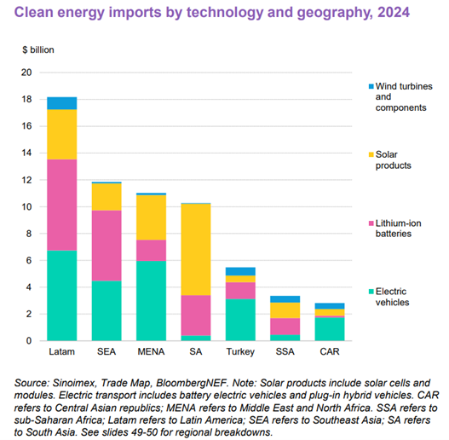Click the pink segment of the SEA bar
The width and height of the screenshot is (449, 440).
[106, 246]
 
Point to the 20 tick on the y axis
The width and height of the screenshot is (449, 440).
[26, 72]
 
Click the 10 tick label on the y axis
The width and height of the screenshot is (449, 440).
[26, 207]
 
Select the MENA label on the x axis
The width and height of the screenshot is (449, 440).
[151, 351]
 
